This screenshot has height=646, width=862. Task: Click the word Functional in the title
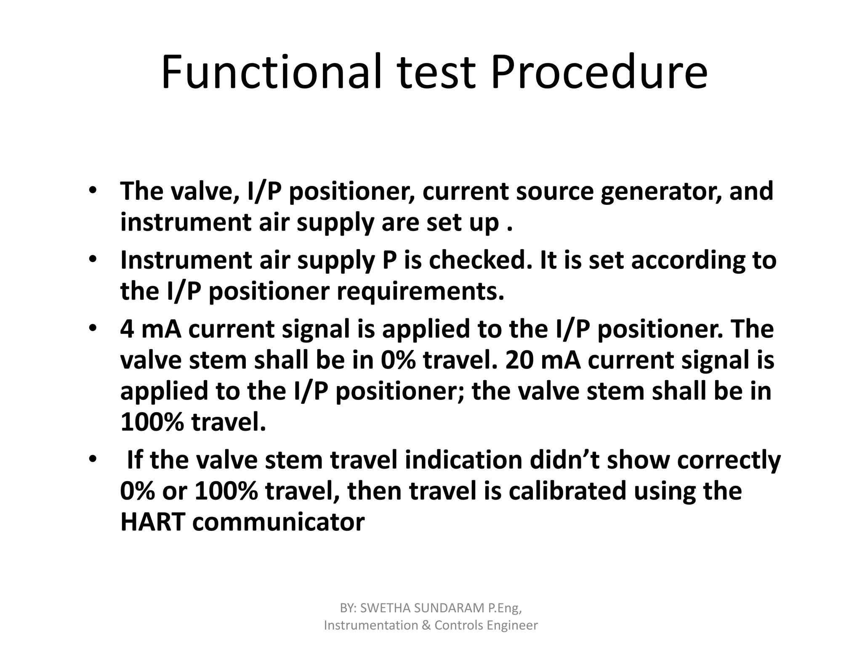coord(271,72)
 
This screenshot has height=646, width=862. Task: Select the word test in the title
coord(436,72)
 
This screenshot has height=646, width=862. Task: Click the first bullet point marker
coord(93,191)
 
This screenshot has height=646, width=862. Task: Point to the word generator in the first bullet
coord(661,191)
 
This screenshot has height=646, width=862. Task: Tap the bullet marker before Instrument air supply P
coord(93,259)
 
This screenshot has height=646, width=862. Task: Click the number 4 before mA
coord(127,329)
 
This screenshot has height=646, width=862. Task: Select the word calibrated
coord(567,491)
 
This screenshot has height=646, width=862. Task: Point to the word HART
coord(153,522)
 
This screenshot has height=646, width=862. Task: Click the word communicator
coord(278,522)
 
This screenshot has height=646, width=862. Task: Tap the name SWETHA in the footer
coord(385,608)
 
